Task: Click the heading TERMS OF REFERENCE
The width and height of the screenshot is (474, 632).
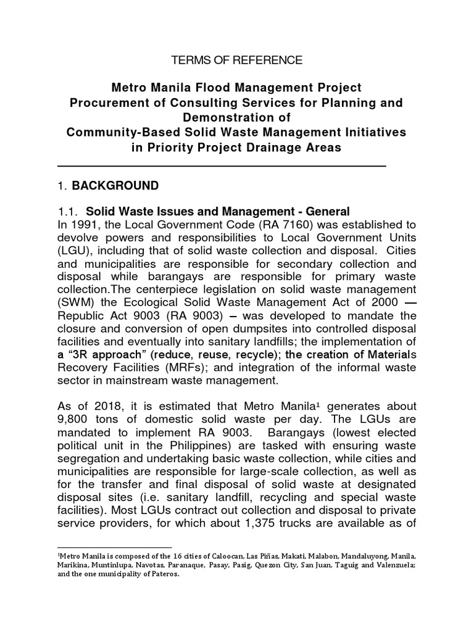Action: pyautogui.click(x=237, y=60)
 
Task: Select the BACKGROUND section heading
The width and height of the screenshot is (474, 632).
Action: pyautogui.click(x=115, y=186)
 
